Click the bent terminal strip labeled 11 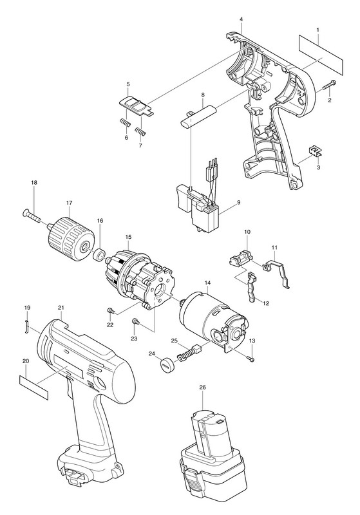[278, 271]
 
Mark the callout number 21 [61, 308]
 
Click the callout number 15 [128, 236]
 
